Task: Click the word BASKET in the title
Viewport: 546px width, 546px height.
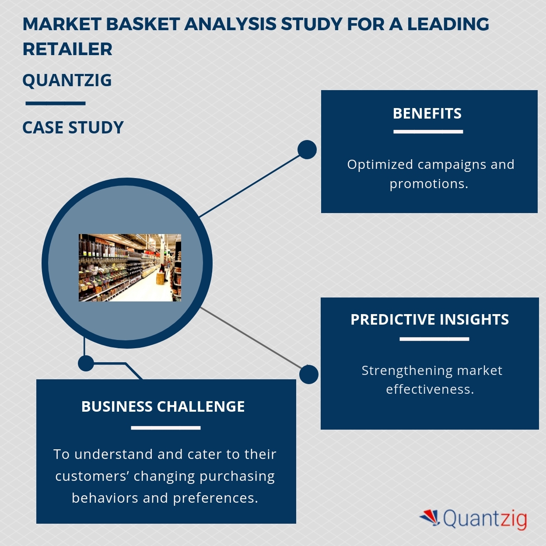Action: (142, 24)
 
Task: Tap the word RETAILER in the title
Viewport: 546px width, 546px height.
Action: (67, 49)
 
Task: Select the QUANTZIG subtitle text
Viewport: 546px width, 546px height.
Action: (67, 80)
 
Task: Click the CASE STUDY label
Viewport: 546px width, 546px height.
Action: (73, 128)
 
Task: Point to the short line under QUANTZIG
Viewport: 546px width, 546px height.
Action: (55, 104)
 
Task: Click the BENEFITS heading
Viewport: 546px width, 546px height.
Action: (427, 114)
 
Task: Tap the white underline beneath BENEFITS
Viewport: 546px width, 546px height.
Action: (428, 131)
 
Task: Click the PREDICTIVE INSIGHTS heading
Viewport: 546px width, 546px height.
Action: (430, 320)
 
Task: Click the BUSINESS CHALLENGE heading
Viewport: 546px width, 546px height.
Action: (163, 407)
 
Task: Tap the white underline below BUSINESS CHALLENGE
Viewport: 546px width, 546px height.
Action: (165, 427)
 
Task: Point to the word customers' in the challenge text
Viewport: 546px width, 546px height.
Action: (92, 476)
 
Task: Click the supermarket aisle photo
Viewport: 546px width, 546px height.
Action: (129, 268)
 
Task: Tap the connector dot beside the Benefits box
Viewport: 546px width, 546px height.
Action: (307, 150)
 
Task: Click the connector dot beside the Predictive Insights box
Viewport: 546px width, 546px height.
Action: (309, 374)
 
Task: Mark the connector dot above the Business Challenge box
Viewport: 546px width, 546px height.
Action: (86, 363)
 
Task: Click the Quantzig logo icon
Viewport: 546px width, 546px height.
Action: (430, 518)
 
